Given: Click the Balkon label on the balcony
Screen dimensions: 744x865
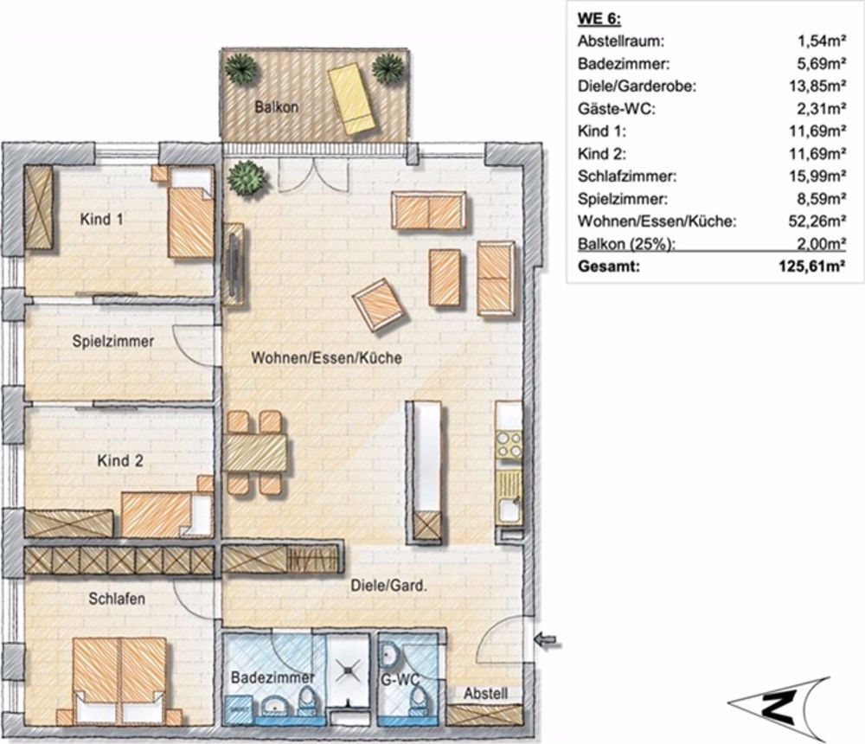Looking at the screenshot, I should pyautogui.click(x=276, y=108).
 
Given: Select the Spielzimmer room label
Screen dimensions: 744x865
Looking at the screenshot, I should pyautogui.click(x=113, y=342).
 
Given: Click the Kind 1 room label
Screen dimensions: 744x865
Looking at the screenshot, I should pyautogui.click(x=101, y=220).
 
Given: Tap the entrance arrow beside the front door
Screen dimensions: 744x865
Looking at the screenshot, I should pyautogui.click(x=548, y=641).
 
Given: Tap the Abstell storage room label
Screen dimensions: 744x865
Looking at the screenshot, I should pyautogui.click(x=486, y=694).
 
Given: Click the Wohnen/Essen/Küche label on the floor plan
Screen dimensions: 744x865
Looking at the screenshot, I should pyautogui.click(x=326, y=358).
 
